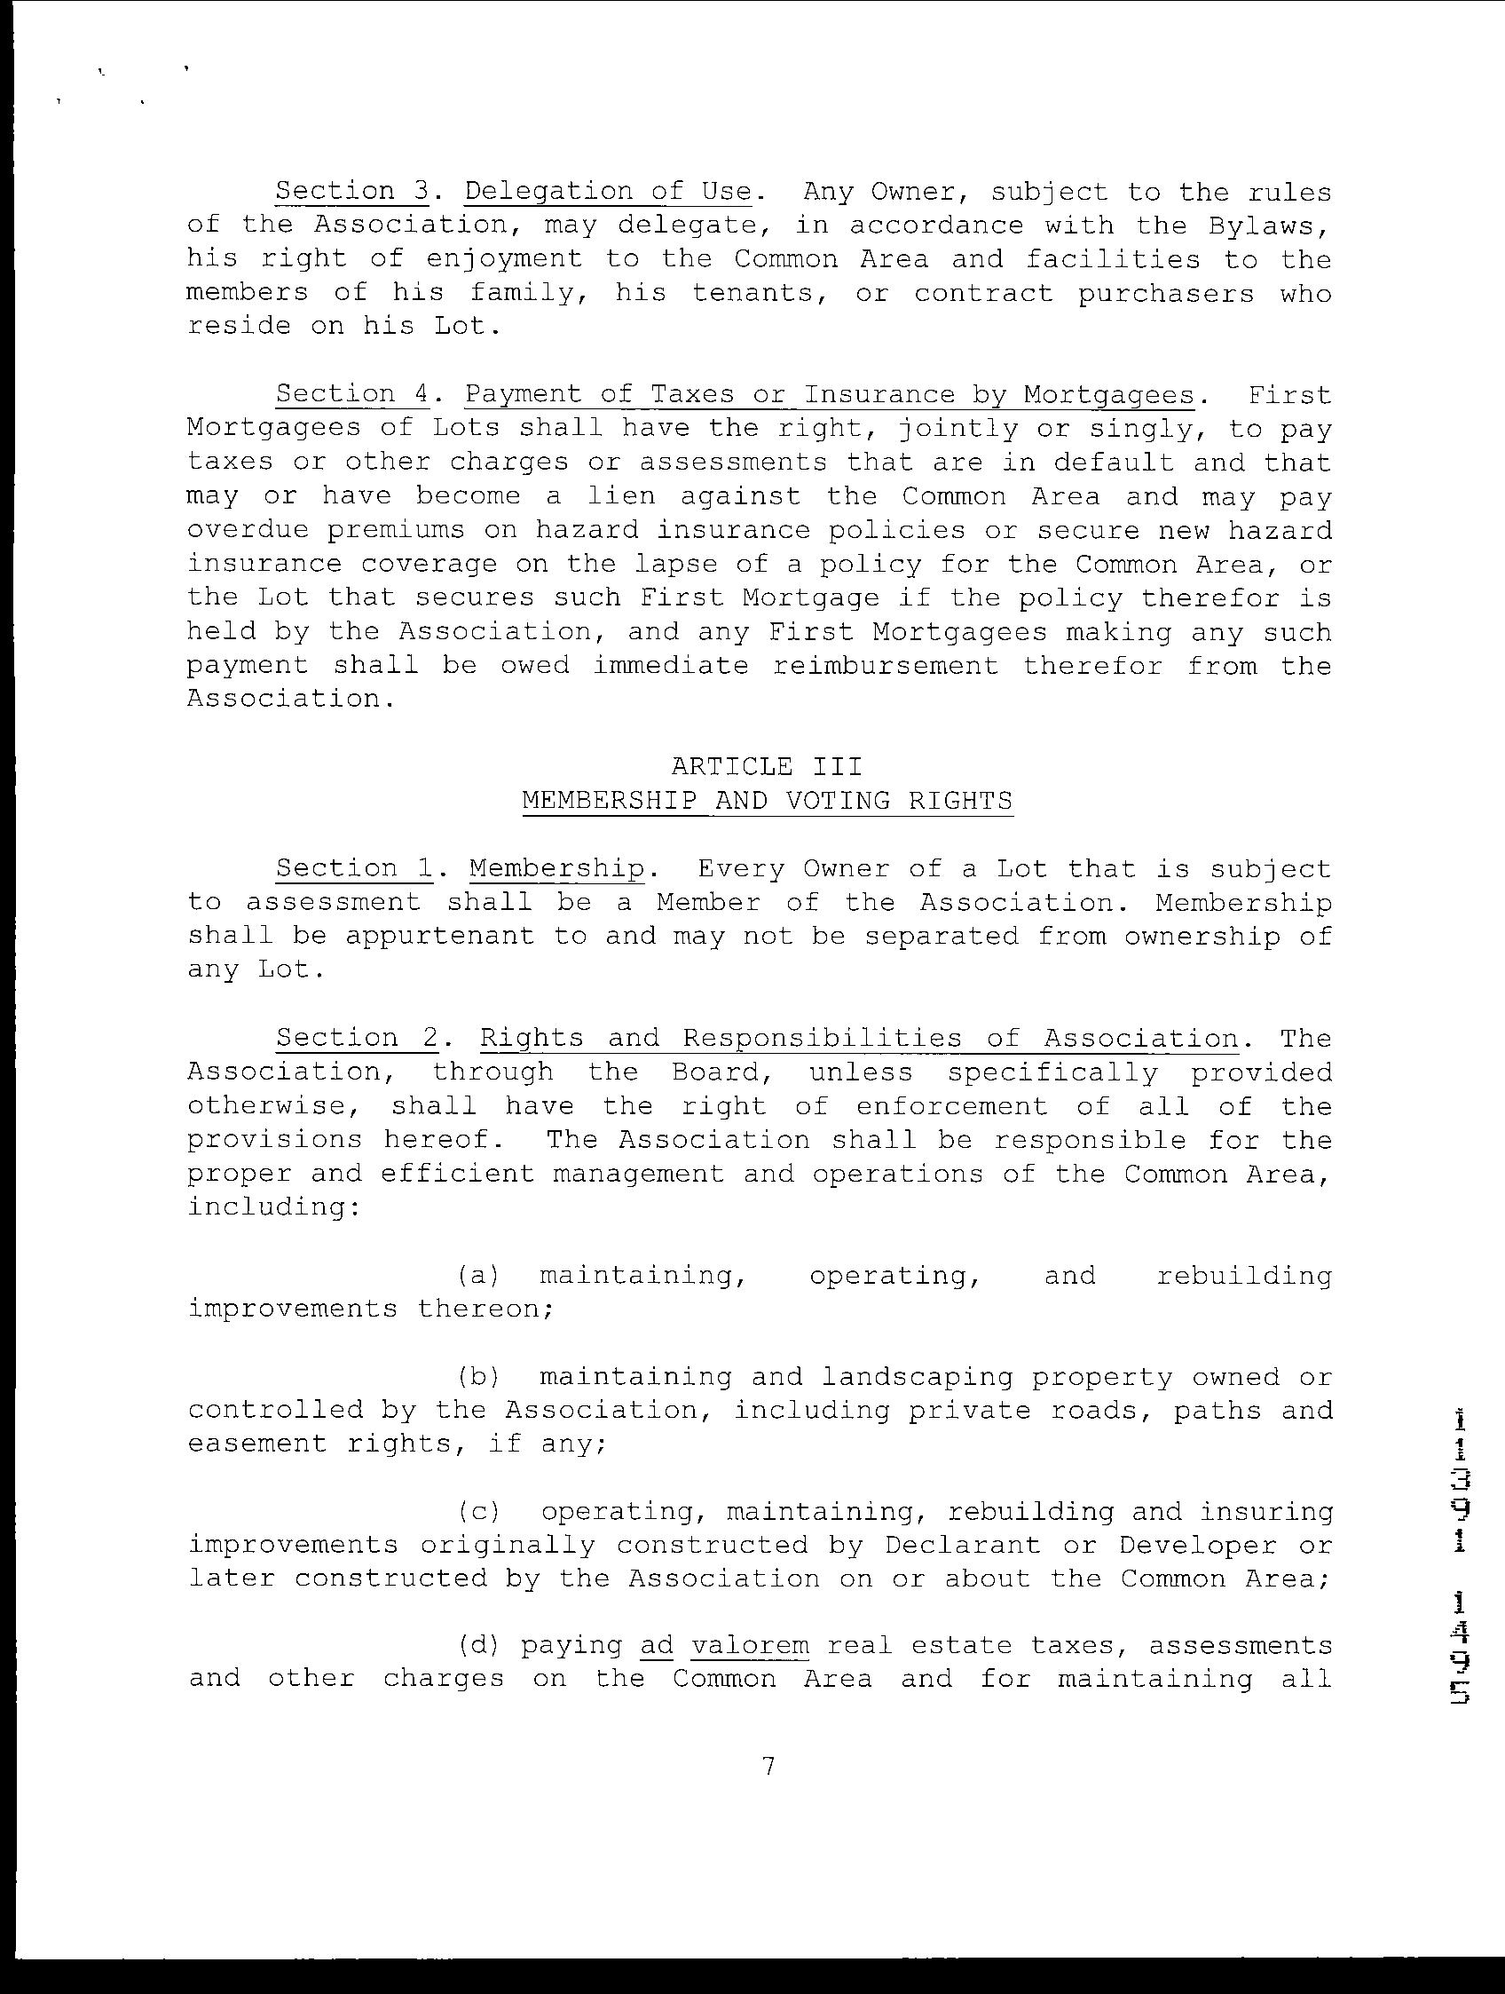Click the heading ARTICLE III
pos(766,766)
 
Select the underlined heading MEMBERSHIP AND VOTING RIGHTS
pos(767,801)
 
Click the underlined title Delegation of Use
pos(609,192)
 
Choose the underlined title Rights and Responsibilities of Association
pos(859,1039)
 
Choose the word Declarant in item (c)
pos(962,1546)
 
